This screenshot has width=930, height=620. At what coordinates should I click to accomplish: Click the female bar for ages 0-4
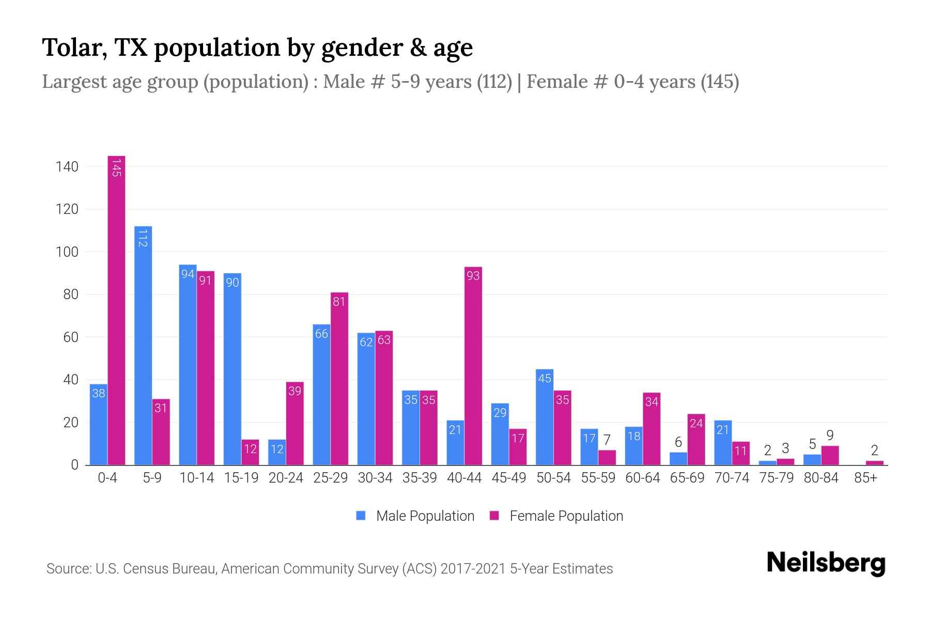click(x=116, y=310)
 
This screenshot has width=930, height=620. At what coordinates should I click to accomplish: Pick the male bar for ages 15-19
click(x=233, y=369)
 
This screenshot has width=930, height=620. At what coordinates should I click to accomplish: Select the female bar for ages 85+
click(x=874, y=462)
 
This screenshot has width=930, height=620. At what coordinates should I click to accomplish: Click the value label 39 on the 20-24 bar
click(x=295, y=391)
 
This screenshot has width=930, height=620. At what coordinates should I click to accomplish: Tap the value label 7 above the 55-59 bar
click(x=607, y=440)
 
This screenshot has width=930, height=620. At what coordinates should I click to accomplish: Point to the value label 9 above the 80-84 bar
click(x=830, y=436)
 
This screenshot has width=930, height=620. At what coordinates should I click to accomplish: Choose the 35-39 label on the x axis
click(x=420, y=478)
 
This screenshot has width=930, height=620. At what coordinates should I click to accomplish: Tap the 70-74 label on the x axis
click(x=732, y=478)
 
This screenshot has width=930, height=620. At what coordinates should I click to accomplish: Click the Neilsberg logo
click(x=826, y=563)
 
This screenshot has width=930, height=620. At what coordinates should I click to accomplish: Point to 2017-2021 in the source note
click(x=473, y=569)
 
